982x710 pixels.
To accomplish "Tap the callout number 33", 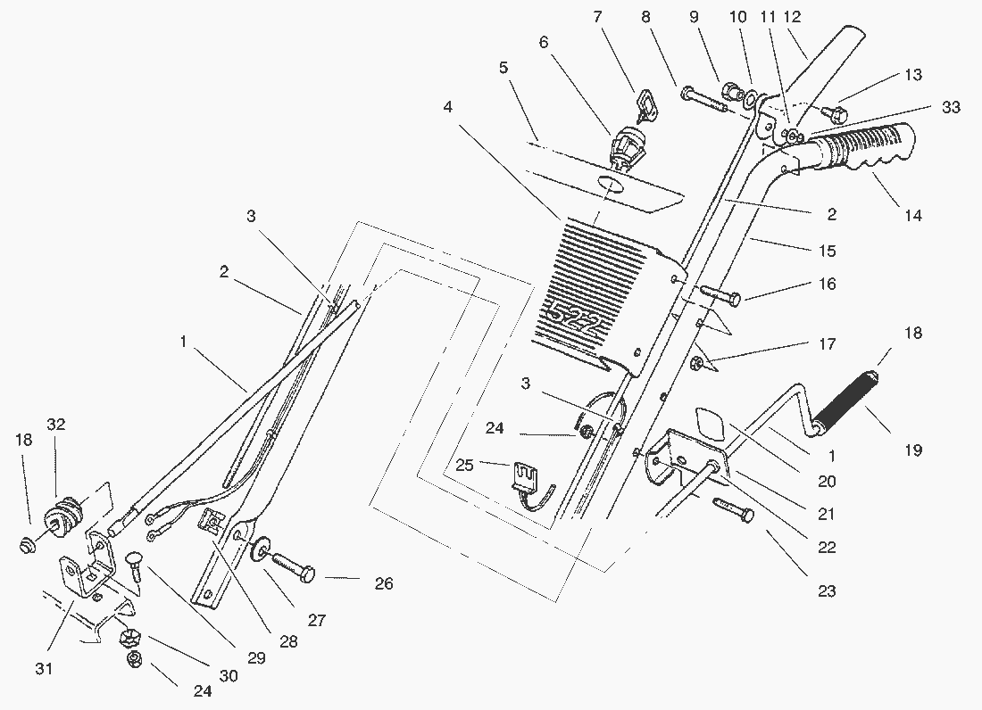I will pos(951,107).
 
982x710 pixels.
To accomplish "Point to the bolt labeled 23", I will pos(732,511).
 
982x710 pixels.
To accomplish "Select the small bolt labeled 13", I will pos(835,113).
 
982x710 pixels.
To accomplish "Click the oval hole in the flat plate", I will pos(610,184).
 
